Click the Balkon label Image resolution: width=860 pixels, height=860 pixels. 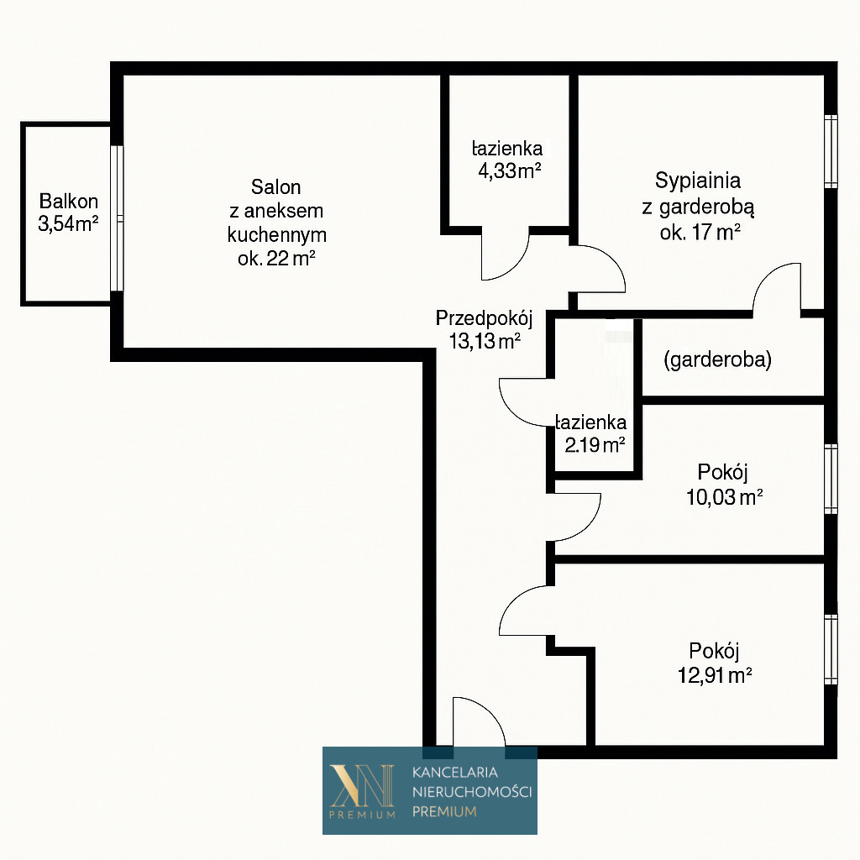pos(69,202)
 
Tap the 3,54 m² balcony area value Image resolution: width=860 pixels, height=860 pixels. pos(68,223)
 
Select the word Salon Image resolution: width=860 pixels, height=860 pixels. pos(275,187)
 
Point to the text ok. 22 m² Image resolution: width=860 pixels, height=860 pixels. pos(276,259)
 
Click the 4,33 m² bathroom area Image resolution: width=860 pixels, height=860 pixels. pos(510,171)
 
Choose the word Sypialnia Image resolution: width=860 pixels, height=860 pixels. pos(698,181)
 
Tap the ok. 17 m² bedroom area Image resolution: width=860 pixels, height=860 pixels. pos(700,233)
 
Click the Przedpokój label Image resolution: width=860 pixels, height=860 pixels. pos(485,318)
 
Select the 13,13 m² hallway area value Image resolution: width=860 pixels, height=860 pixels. pos(485,341)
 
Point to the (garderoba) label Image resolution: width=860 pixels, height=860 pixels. pos(717,359)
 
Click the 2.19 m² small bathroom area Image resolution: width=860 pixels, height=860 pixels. pos(595,445)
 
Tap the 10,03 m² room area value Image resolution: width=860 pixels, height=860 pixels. pos(724,497)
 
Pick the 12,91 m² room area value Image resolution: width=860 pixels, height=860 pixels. pos(715,674)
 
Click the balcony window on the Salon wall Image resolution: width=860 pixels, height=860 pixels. pos(117,218)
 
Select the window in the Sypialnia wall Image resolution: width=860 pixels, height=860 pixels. pos(831,151)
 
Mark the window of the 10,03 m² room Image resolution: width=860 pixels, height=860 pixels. pos(831,479)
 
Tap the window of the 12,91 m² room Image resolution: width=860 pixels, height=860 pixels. pos(831,649)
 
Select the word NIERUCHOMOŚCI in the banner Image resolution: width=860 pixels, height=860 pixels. pos(472,791)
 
